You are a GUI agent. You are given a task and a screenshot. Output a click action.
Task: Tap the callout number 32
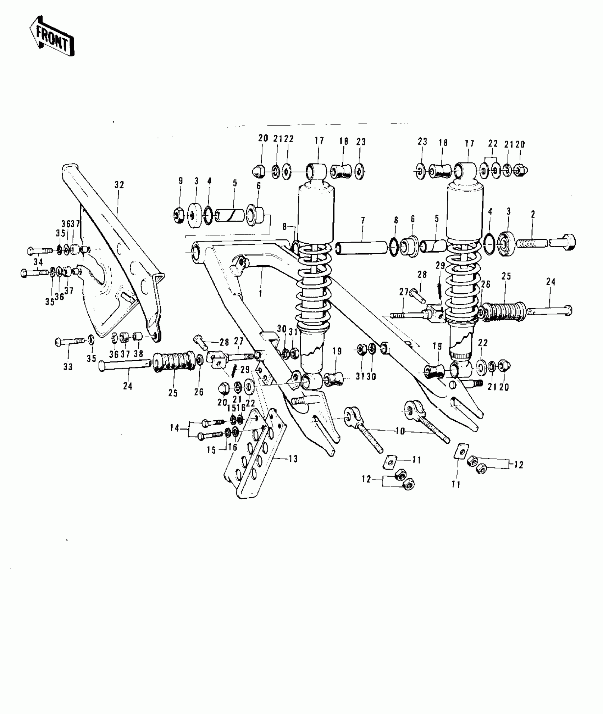coord(119,185)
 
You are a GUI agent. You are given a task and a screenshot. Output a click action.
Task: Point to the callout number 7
coord(363,221)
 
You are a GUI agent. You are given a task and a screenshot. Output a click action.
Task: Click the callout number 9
coord(181,181)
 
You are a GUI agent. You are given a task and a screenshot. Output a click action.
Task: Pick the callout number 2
coord(533,214)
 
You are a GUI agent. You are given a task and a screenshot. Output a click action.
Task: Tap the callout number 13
coord(293,459)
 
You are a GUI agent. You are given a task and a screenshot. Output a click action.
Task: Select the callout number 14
coord(175,428)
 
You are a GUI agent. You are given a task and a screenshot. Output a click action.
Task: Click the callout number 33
coord(68,367)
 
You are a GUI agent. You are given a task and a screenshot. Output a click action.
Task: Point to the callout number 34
coord(38,262)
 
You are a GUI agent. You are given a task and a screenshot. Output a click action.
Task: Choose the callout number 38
coord(138,354)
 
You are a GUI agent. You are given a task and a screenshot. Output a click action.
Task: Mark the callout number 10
coord(400,431)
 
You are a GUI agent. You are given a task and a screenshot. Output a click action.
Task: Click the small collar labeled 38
coord(138,336)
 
